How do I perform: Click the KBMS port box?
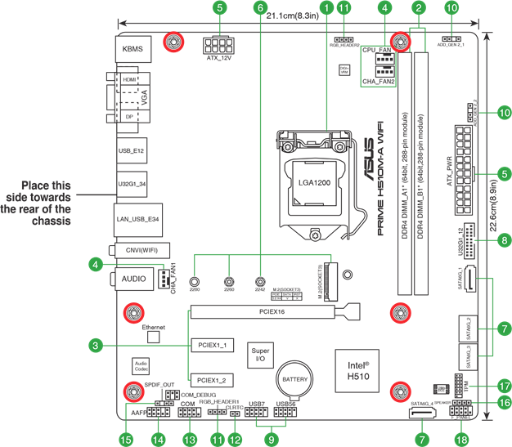[132, 49]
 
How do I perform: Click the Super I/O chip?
[260, 354]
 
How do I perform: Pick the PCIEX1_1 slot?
[212, 346]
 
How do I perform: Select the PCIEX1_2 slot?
[212, 381]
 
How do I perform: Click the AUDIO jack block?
[132, 279]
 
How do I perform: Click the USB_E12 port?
[131, 152]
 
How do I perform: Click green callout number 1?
[327, 7]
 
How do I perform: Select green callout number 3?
[97, 346]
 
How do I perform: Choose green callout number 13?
[191, 440]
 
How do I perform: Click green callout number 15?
[126, 440]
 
